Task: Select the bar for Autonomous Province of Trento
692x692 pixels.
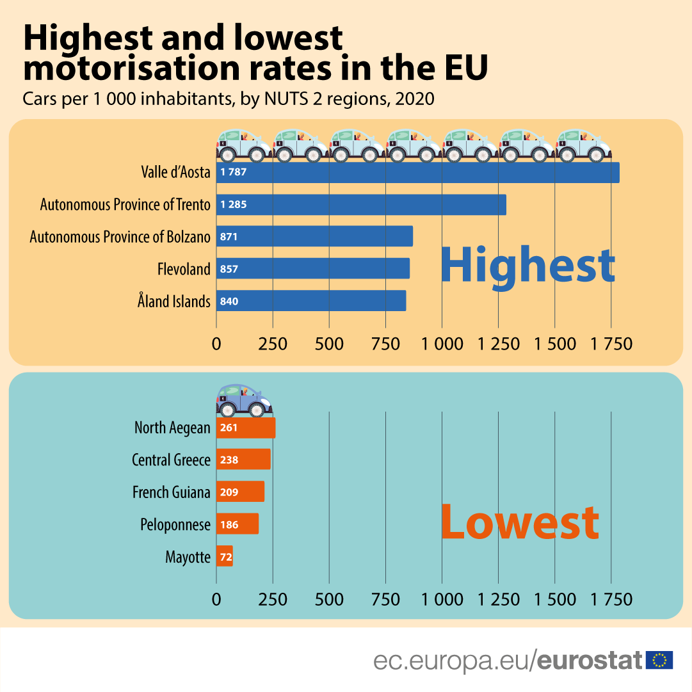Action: pyautogui.click(x=361, y=205)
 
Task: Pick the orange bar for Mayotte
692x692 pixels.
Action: pyautogui.click(x=225, y=556)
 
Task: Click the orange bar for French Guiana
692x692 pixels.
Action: pyautogui.click(x=240, y=492)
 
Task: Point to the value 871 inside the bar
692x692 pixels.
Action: pyautogui.click(x=229, y=237)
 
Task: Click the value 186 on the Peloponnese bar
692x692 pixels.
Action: pyautogui.click(x=229, y=525)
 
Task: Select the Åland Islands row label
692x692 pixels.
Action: pyautogui.click(x=173, y=301)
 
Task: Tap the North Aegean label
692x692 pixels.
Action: pyautogui.click(x=172, y=428)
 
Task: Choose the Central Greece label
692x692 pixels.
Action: pyautogui.click(x=171, y=460)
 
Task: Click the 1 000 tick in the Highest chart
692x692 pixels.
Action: pyautogui.click(x=442, y=344)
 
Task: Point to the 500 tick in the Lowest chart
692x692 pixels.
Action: pyautogui.click(x=329, y=599)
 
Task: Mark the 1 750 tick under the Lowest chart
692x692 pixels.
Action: pyautogui.click(x=611, y=599)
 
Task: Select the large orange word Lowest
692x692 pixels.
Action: pyautogui.click(x=520, y=522)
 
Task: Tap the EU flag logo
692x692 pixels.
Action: pyautogui.click(x=659, y=659)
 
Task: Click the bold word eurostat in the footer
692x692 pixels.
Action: pyautogui.click(x=590, y=660)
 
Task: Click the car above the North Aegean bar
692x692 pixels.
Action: pyautogui.click(x=245, y=401)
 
